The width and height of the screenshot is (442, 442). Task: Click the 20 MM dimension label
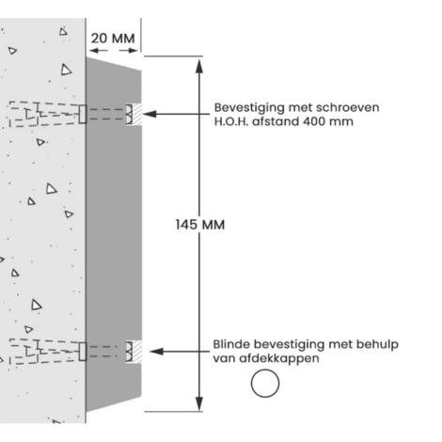[x=113, y=39]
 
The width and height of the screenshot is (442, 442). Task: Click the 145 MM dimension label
[x=200, y=225]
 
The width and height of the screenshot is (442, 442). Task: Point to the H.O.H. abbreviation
[x=231, y=121]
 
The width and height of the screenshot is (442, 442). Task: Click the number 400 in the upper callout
[x=314, y=121]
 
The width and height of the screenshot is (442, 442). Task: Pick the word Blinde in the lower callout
[x=231, y=344]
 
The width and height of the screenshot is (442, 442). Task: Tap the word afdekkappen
[x=279, y=358]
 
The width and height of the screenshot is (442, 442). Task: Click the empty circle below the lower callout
[x=265, y=384]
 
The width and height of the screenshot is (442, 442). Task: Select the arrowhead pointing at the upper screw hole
[x=150, y=114]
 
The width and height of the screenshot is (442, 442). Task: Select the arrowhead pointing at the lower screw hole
[x=156, y=352]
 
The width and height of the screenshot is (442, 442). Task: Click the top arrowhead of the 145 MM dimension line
[x=199, y=66]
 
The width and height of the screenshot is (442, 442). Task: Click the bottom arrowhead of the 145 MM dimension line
[x=199, y=403]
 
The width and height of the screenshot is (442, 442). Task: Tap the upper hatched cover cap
[x=134, y=114]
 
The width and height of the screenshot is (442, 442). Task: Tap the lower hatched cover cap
[x=134, y=352]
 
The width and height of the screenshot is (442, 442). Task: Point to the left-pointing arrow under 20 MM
[x=98, y=50]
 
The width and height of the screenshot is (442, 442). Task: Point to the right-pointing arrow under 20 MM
[x=129, y=50]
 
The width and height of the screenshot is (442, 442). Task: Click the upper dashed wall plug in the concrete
[x=44, y=114]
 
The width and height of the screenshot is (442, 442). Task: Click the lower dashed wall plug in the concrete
[x=44, y=352]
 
